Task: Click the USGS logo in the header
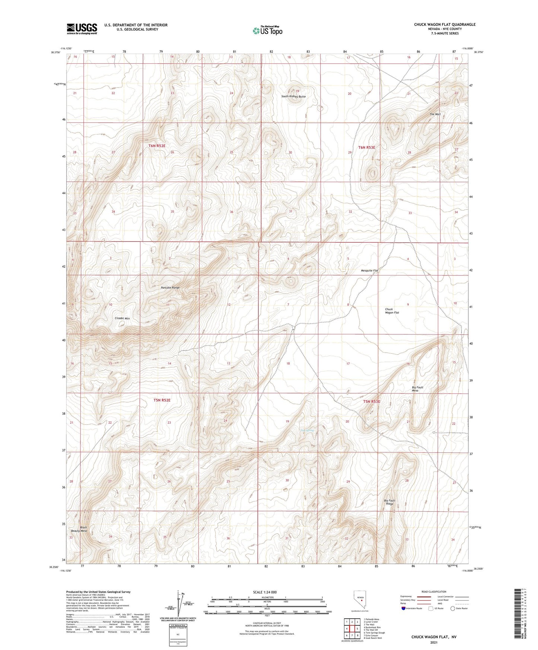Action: (x=82, y=29)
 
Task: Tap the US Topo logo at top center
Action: (x=267, y=31)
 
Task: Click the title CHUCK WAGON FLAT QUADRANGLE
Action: (x=445, y=25)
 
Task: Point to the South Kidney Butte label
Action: (x=293, y=96)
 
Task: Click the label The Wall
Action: (x=435, y=114)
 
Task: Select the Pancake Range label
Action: (x=170, y=288)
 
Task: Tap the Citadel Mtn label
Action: (x=122, y=319)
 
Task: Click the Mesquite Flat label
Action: (x=369, y=271)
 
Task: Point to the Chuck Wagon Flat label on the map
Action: (x=392, y=311)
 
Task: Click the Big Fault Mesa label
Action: (x=417, y=389)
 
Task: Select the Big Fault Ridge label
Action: (x=389, y=502)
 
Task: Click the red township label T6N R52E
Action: (x=157, y=146)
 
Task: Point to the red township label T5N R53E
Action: (x=372, y=402)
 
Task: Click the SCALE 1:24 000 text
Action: (x=265, y=592)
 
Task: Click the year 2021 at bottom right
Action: (x=433, y=643)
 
